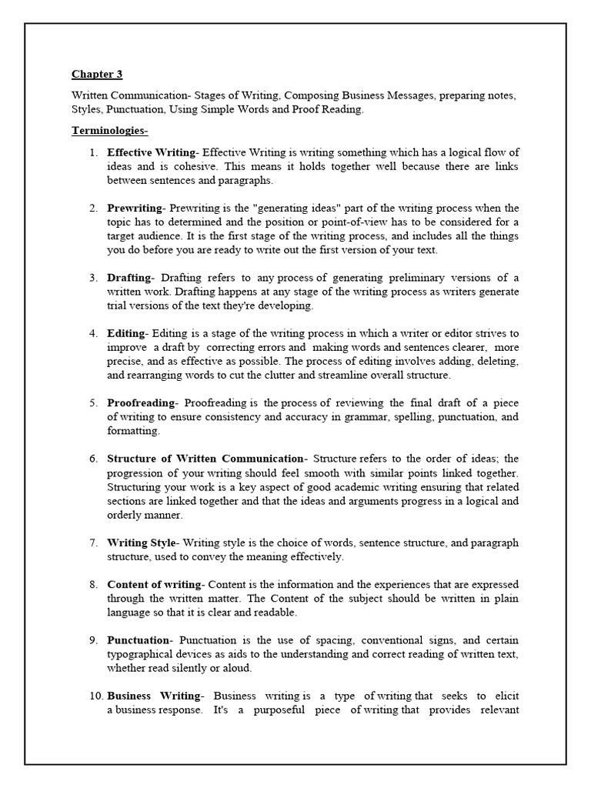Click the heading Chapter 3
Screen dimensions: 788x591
97,75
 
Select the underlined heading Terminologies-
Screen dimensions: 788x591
104,131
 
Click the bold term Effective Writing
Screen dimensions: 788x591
152,152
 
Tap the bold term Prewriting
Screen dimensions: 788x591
135,209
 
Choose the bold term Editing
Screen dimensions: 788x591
126,333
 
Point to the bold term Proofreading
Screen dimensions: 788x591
142,403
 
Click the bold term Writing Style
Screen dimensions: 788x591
142,543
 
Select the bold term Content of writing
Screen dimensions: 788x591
154,584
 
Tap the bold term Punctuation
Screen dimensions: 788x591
138,640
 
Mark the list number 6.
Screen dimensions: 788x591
93,459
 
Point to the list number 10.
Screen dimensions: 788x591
95,696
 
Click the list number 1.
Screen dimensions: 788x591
93,152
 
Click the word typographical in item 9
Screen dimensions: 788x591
142,654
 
